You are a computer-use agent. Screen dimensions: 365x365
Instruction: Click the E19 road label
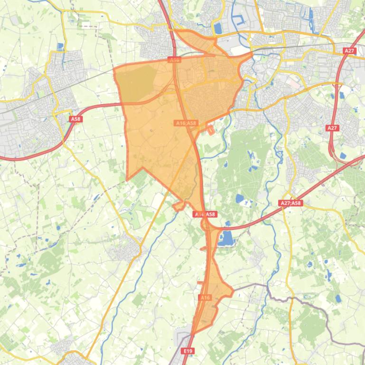[x=188, y=351]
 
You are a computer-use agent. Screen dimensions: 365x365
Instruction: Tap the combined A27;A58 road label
[x=290, y=203]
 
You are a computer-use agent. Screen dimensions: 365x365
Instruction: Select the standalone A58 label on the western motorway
[x=75, y=119]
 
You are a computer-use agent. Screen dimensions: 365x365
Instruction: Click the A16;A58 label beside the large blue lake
[x=205, y=214]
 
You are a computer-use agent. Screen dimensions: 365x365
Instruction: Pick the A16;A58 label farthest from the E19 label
[x=186, y=123]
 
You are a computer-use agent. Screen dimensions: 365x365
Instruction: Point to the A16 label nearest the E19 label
[x=205, y=297]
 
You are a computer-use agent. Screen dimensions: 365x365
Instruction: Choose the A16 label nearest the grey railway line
[x=175, y=60]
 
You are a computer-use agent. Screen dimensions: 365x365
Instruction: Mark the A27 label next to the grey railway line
[x=349, y=51]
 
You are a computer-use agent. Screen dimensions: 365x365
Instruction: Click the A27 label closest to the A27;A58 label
[x=332, y=128]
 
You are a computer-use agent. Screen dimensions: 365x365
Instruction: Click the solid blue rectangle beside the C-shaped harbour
[x=218, y=28]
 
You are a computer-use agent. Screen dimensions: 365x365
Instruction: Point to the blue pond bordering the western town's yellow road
[x=60, y=46]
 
